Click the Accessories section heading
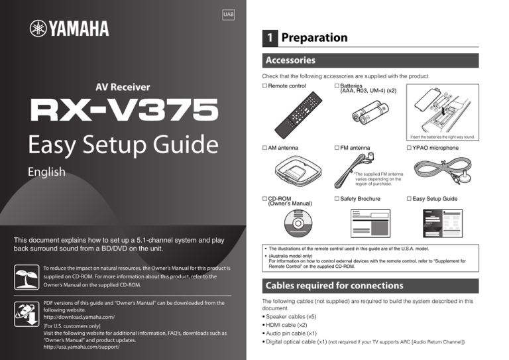[x=290, y=60]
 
